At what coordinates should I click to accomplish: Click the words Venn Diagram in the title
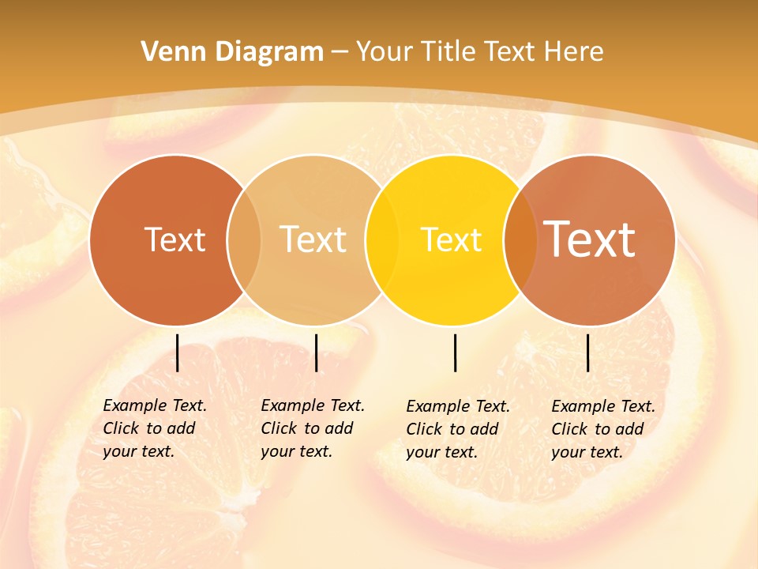(232, 52)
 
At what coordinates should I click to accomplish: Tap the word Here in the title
(573, 52)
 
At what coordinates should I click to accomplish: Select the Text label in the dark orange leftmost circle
(174, 239)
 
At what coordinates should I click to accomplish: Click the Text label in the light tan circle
(313, 239)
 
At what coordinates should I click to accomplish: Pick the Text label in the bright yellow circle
(451, 239)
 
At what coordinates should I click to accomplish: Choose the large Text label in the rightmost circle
(590, 239)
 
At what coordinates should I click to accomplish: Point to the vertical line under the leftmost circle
(178, 352)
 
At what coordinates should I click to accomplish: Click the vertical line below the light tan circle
(316, 352)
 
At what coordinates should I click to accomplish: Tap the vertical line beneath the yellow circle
(456, 352)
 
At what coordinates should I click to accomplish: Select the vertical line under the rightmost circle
(588, 352)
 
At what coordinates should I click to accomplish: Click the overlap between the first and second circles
(244, 239)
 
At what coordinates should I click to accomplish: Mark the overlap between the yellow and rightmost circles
(519, 239)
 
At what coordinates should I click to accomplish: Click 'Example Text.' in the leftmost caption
(155, 405)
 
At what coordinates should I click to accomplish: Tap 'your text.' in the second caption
(296, 451)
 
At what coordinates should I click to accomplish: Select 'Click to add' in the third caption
(452, 429)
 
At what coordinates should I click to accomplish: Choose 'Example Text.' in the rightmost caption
(603, 406)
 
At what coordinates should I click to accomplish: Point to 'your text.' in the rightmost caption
(587, 452)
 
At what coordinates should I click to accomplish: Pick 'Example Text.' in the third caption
(458, 406)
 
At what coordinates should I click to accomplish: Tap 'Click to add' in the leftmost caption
(149, 428)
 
